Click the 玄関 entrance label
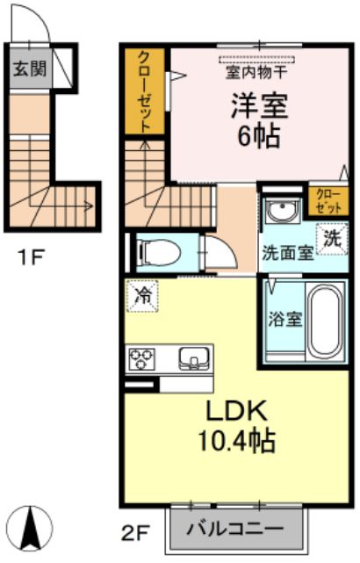click(30, 68)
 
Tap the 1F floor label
click(32, 257)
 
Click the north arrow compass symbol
click(30, 528)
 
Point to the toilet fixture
click(158, 252)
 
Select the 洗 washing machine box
click(332, 239)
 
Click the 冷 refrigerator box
click(142, 296)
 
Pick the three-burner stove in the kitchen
click(141, 359)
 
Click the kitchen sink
click(194, 358)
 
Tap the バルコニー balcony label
click(235, 529)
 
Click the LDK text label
click(236, 411)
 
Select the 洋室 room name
click(260, 106)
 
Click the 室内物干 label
click(256, 73)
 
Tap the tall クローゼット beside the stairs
click(145, 91)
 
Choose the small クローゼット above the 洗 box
click(328, 201)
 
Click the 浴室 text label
click(285, 320)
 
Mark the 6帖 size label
click(259, 136)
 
